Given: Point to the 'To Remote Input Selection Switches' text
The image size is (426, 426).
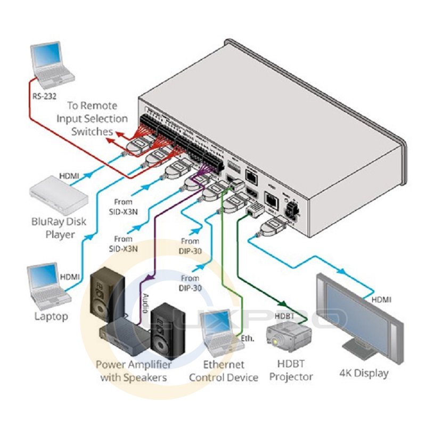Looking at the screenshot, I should (x=92, y=118).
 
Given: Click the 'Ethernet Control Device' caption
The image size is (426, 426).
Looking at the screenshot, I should (x=223, y=371).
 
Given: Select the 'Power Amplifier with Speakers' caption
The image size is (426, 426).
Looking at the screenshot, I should (x=134, y=371).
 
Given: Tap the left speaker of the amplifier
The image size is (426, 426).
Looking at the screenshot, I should (x=106, y=298).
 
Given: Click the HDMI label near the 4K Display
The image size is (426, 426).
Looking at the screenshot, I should (x=381, y=300).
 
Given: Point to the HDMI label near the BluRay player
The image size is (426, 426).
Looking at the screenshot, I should (x=70, y=174).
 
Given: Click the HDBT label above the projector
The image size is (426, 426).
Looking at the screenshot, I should (x=284, y=315).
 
